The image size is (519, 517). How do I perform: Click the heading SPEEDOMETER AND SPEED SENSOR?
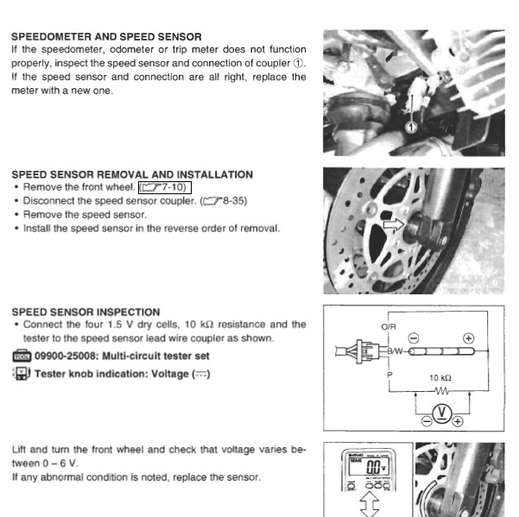[106, 37]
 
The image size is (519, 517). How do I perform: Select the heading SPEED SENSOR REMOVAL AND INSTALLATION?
[132, 174]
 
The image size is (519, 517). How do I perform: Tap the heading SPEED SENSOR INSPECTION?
[85, 312]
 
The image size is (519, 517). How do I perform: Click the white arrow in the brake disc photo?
[394, 227]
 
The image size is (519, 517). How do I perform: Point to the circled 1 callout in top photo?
[413, 126]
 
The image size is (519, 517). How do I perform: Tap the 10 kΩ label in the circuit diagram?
[440, 378]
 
